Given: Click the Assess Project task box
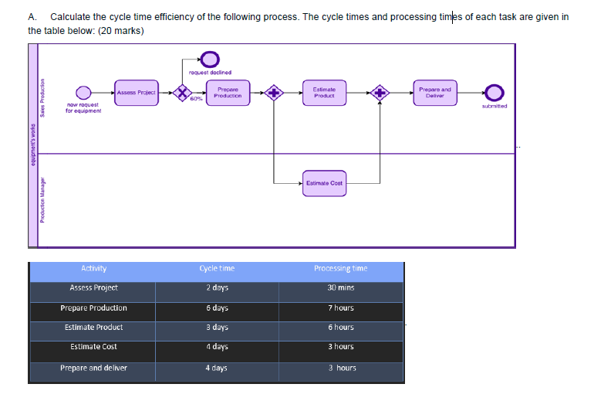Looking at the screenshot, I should (x=136, y=93).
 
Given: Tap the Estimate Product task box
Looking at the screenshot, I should (x=323, y=93).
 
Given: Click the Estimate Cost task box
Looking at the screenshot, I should (x=324, y=183).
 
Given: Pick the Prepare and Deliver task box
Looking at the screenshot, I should (x=434, y=93).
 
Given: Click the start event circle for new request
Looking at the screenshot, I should (x=83, y=93).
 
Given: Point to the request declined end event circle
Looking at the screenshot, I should (x=210, y=58).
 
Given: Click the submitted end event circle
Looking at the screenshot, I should (x=494, y=93).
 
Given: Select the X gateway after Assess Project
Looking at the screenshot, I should (x=182, y=93).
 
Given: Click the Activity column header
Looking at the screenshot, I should (x=93, y=269).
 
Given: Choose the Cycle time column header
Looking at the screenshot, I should (x=217, y=269).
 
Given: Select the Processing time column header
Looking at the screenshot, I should (x=340, y=269).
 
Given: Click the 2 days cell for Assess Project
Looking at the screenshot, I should (x=217, y=288).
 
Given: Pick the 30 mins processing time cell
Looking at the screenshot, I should (x=340, y=288).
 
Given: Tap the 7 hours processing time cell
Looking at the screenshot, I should (x=340, y=308).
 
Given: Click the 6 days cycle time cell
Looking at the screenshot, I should (x=217, y=308).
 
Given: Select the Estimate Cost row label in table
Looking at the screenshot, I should (x=93, y=347).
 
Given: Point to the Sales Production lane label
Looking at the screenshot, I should (x=44, y=98).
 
